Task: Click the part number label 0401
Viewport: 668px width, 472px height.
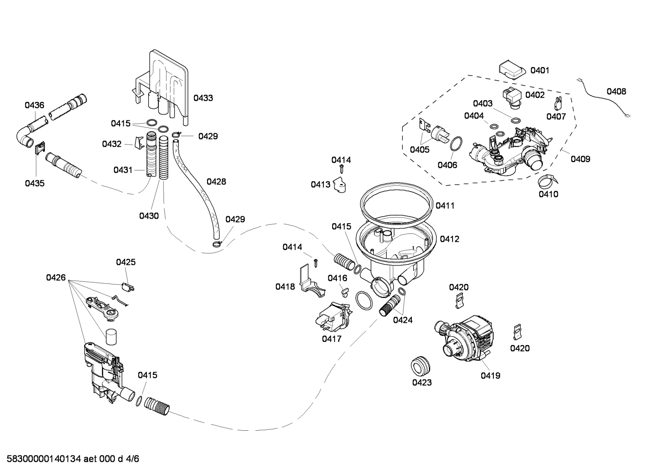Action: point(540,70)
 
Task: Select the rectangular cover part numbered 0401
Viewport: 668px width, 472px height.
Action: point(512,70)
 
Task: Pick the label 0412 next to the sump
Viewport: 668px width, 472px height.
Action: point(449,239)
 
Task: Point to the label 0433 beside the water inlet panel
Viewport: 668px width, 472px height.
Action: point(203,98)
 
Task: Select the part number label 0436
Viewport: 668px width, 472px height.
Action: point(34,105)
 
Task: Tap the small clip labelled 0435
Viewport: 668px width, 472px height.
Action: point(40,148)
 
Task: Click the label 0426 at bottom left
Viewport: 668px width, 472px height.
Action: point(56,277)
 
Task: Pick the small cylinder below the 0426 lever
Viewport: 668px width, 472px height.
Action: point(111,337)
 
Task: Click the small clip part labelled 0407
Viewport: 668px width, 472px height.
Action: point(558,104)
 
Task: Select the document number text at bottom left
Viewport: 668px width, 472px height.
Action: point(73,459)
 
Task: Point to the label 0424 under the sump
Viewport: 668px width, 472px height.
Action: point(403,320)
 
